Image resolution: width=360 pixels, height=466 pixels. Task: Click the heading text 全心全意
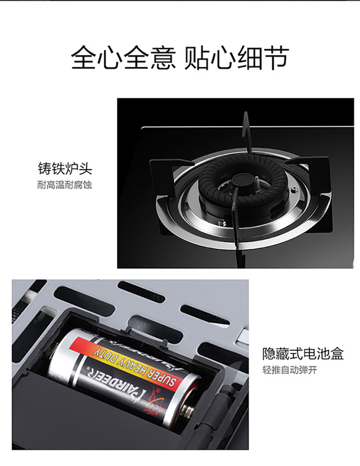point(123,58)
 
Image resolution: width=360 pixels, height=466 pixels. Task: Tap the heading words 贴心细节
point(237,58)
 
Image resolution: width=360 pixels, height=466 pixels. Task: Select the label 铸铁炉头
point(65,168)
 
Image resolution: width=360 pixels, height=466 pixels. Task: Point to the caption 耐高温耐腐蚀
point(65,185)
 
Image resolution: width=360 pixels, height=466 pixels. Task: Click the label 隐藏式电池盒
point(303,354)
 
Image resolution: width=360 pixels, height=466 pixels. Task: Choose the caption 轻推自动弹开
point(289,370)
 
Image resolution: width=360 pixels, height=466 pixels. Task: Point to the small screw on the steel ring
point(294,189)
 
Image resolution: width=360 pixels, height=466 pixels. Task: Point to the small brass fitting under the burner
point(221,222)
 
